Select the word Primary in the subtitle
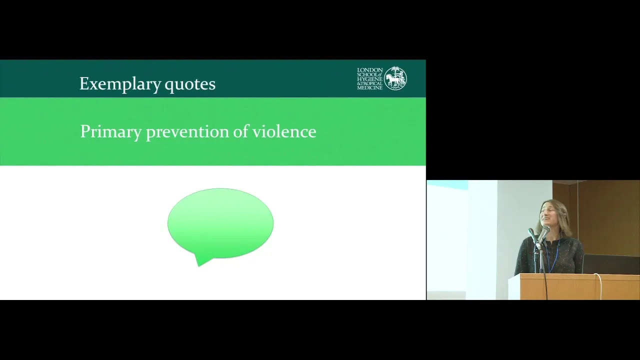click(111, 132)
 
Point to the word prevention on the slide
click(187, 132)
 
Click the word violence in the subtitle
click(284, 131)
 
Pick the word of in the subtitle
click(240, 131)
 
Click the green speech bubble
click(220, 224)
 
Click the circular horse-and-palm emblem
click(395, 78)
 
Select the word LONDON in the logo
click(369, 70)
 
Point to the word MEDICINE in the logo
click(369, 87)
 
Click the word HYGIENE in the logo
click(369, 79)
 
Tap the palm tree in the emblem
click(395, 72)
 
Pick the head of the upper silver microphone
click(545, 230)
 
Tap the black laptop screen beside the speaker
click(611, 264)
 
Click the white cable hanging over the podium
click(599, 285)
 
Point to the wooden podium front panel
click(579, 287)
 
